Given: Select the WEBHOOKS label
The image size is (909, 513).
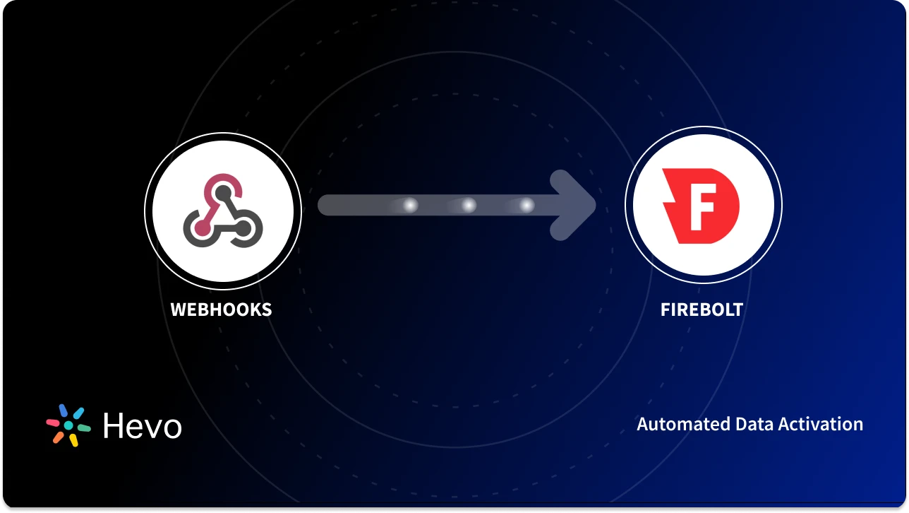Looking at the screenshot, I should [221, 309].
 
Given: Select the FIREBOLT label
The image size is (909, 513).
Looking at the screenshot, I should [702, 309].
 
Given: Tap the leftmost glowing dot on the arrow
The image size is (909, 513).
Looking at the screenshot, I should [409, 205].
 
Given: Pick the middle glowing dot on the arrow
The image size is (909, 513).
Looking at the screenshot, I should [468, 205].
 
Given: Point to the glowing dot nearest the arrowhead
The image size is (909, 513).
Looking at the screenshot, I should [526, 205].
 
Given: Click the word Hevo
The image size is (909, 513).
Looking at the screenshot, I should [142, 426].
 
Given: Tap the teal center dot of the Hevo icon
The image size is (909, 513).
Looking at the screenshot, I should [68, 426].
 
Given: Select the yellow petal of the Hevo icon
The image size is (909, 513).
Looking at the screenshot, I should [73, 440].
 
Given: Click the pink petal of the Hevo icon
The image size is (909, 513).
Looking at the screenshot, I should [54, 423].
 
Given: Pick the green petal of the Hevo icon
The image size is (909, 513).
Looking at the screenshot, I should [83, 428].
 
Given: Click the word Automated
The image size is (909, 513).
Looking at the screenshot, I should [682, 424].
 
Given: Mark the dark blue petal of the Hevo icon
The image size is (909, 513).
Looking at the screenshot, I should [64, 411].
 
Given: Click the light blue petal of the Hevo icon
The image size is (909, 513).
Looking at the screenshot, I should [78, 413].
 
